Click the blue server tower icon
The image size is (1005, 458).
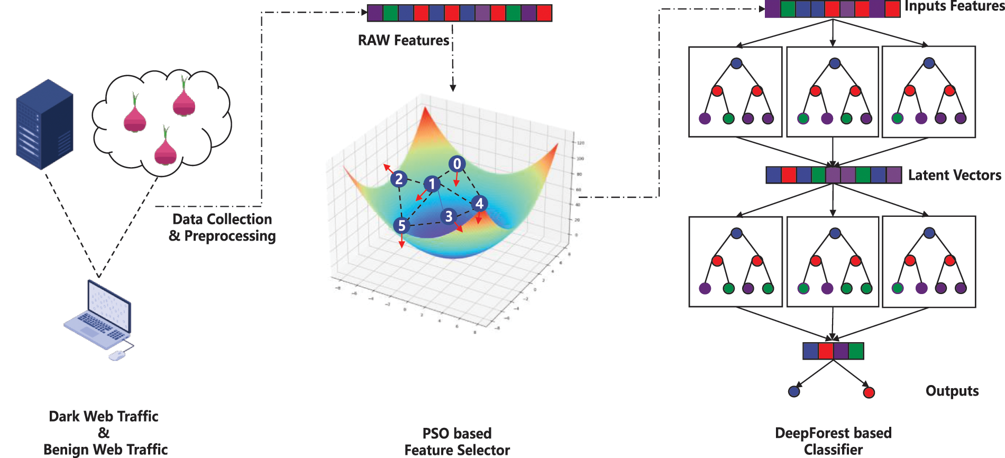click(x=44, y=124)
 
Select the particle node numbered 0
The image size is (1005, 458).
click(x=457, y=164)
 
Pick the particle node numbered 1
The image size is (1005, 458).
click(x=432, y=184)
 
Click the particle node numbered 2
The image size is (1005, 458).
click(x=399, y=179)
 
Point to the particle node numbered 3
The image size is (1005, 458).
click(x=449, y=216)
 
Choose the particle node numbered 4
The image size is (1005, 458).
click(x=479, y=204)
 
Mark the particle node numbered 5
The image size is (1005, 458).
click(x=402, y=226)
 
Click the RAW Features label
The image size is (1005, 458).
click(x=404, y=40)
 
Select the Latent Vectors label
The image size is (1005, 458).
click(x=954, y=175)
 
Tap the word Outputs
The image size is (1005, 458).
click(x=952, y=391)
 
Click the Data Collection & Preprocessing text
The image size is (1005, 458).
click(x=222, y=227)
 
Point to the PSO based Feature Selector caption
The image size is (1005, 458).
click(x=457, y=442)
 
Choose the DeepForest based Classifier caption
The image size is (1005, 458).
click(x=833, y=441)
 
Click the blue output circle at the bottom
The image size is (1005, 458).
click(x=794, y=391)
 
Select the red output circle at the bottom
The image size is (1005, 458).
click(x=869, y=392)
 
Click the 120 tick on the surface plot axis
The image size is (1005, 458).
click(x=580, y=143)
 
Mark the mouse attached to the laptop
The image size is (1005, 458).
click(x=117, y=355)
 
